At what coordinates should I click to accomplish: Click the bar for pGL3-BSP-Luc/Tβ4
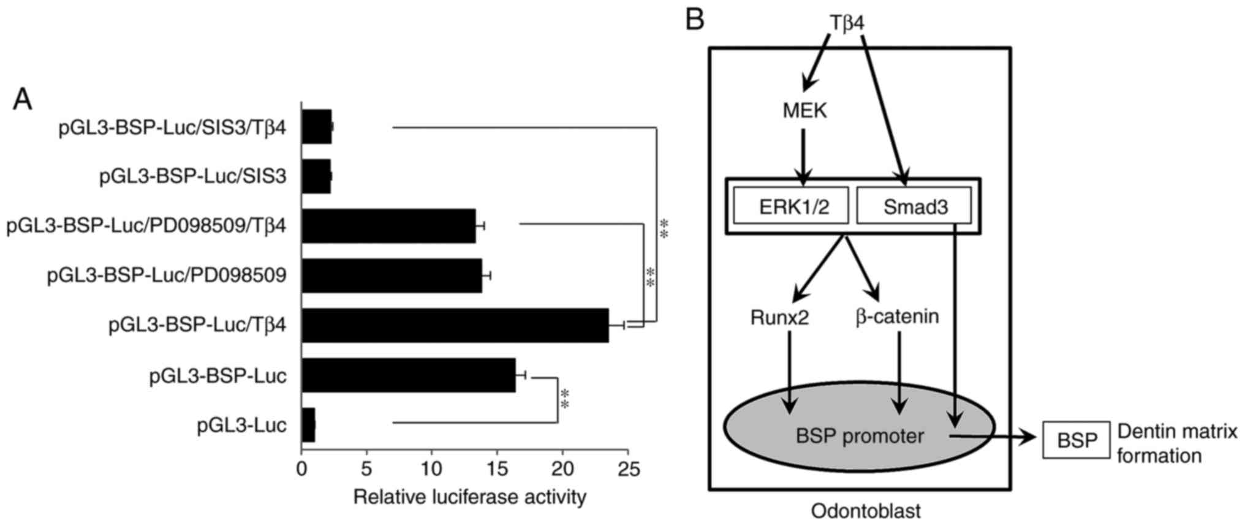point(455,325)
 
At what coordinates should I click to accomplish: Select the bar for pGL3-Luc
point(308,425)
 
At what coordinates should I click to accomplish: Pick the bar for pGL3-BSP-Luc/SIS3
point(316,176)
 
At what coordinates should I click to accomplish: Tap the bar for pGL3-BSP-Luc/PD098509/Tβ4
point(388,226)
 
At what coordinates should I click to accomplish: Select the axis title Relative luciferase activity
point(469,497)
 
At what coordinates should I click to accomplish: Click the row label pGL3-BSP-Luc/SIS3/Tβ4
point(172,128)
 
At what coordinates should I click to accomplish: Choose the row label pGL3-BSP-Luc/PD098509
point(167,276)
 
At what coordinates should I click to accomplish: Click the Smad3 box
point(915,206)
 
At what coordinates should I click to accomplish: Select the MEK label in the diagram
point(804,111)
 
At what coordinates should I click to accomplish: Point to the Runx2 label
point(779,317)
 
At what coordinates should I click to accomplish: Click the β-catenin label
point(897,317)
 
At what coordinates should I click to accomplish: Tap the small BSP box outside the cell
point(1076,440)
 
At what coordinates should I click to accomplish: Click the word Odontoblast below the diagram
point(865,511)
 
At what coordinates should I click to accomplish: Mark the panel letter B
point(695,20)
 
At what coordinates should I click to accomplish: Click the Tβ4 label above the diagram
point(847,23)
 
